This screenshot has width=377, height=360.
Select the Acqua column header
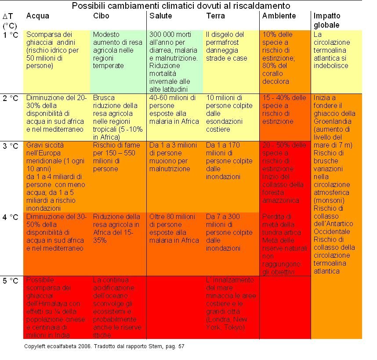38,16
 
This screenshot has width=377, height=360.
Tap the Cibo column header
101,16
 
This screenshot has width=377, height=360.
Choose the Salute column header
160,16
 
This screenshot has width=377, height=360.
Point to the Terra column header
215,16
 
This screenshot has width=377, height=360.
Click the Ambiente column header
279,16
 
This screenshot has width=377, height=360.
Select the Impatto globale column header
327,21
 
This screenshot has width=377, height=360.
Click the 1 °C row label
11,35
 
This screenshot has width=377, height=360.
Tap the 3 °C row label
11,145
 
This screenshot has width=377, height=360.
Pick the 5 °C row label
11,281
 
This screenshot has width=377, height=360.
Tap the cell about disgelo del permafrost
231,46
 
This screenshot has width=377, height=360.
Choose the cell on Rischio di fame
116,157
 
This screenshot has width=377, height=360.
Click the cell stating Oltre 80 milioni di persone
174,228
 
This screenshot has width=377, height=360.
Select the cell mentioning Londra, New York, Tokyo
231,304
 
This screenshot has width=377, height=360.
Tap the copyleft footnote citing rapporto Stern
104,346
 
